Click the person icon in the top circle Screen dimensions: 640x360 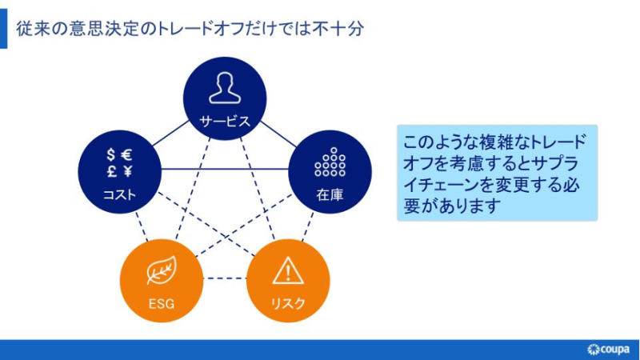point(225,88)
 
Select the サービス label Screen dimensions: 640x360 point(225,122)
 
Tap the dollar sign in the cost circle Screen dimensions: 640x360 point(110,155)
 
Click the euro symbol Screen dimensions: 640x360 point(127,155)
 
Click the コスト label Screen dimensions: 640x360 point(119,194)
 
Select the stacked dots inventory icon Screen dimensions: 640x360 point(330,162)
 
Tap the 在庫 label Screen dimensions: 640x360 point(330,194)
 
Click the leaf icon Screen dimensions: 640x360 point(162,270)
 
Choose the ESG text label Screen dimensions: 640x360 point(162,304)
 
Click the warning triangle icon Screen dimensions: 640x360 point(288,270)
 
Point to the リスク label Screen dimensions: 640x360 point(288,304)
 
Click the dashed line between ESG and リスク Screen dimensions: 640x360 point(225,278)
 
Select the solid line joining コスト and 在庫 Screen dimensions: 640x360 point(225,169)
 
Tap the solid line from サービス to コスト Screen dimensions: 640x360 point(170,133)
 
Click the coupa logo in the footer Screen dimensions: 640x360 point(608,350)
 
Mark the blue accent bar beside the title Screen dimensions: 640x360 point(4,29)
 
